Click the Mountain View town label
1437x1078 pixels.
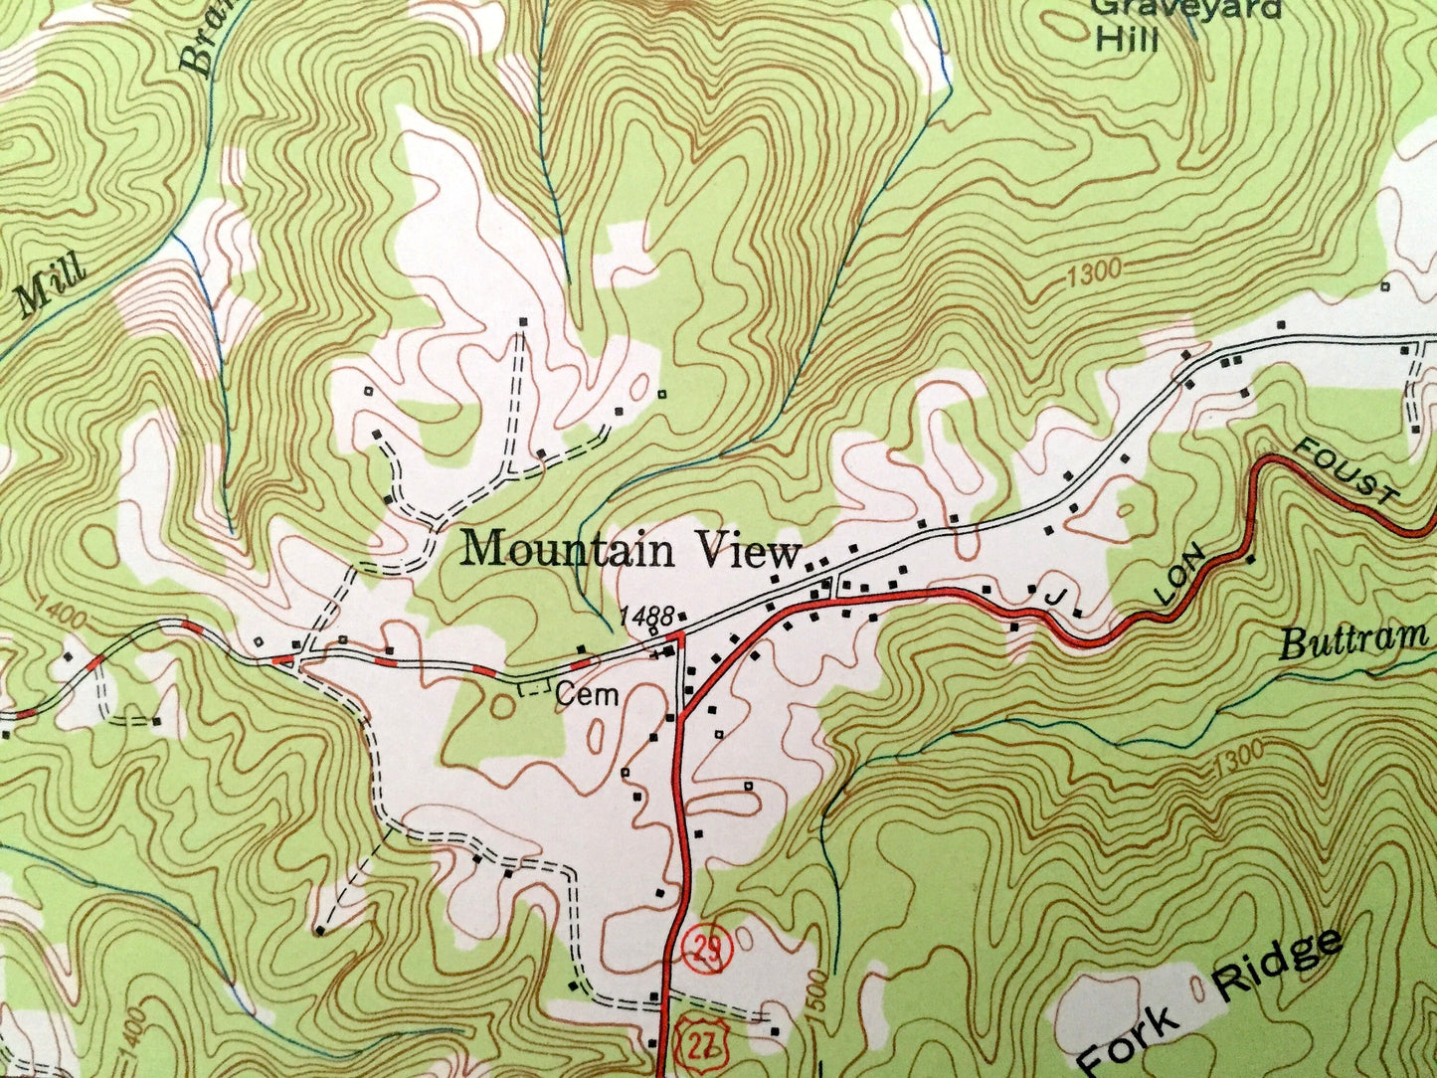point(633,550)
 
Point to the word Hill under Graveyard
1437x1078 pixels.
point(1127,39)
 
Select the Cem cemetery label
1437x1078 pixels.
point(587,695)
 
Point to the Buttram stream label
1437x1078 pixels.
point(1353,638)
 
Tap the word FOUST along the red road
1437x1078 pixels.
point(1348,473)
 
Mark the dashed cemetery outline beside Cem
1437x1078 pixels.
point(534,687)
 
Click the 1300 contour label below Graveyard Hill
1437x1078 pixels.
point(1093,272)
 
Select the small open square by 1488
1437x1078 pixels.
point(652,630)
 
